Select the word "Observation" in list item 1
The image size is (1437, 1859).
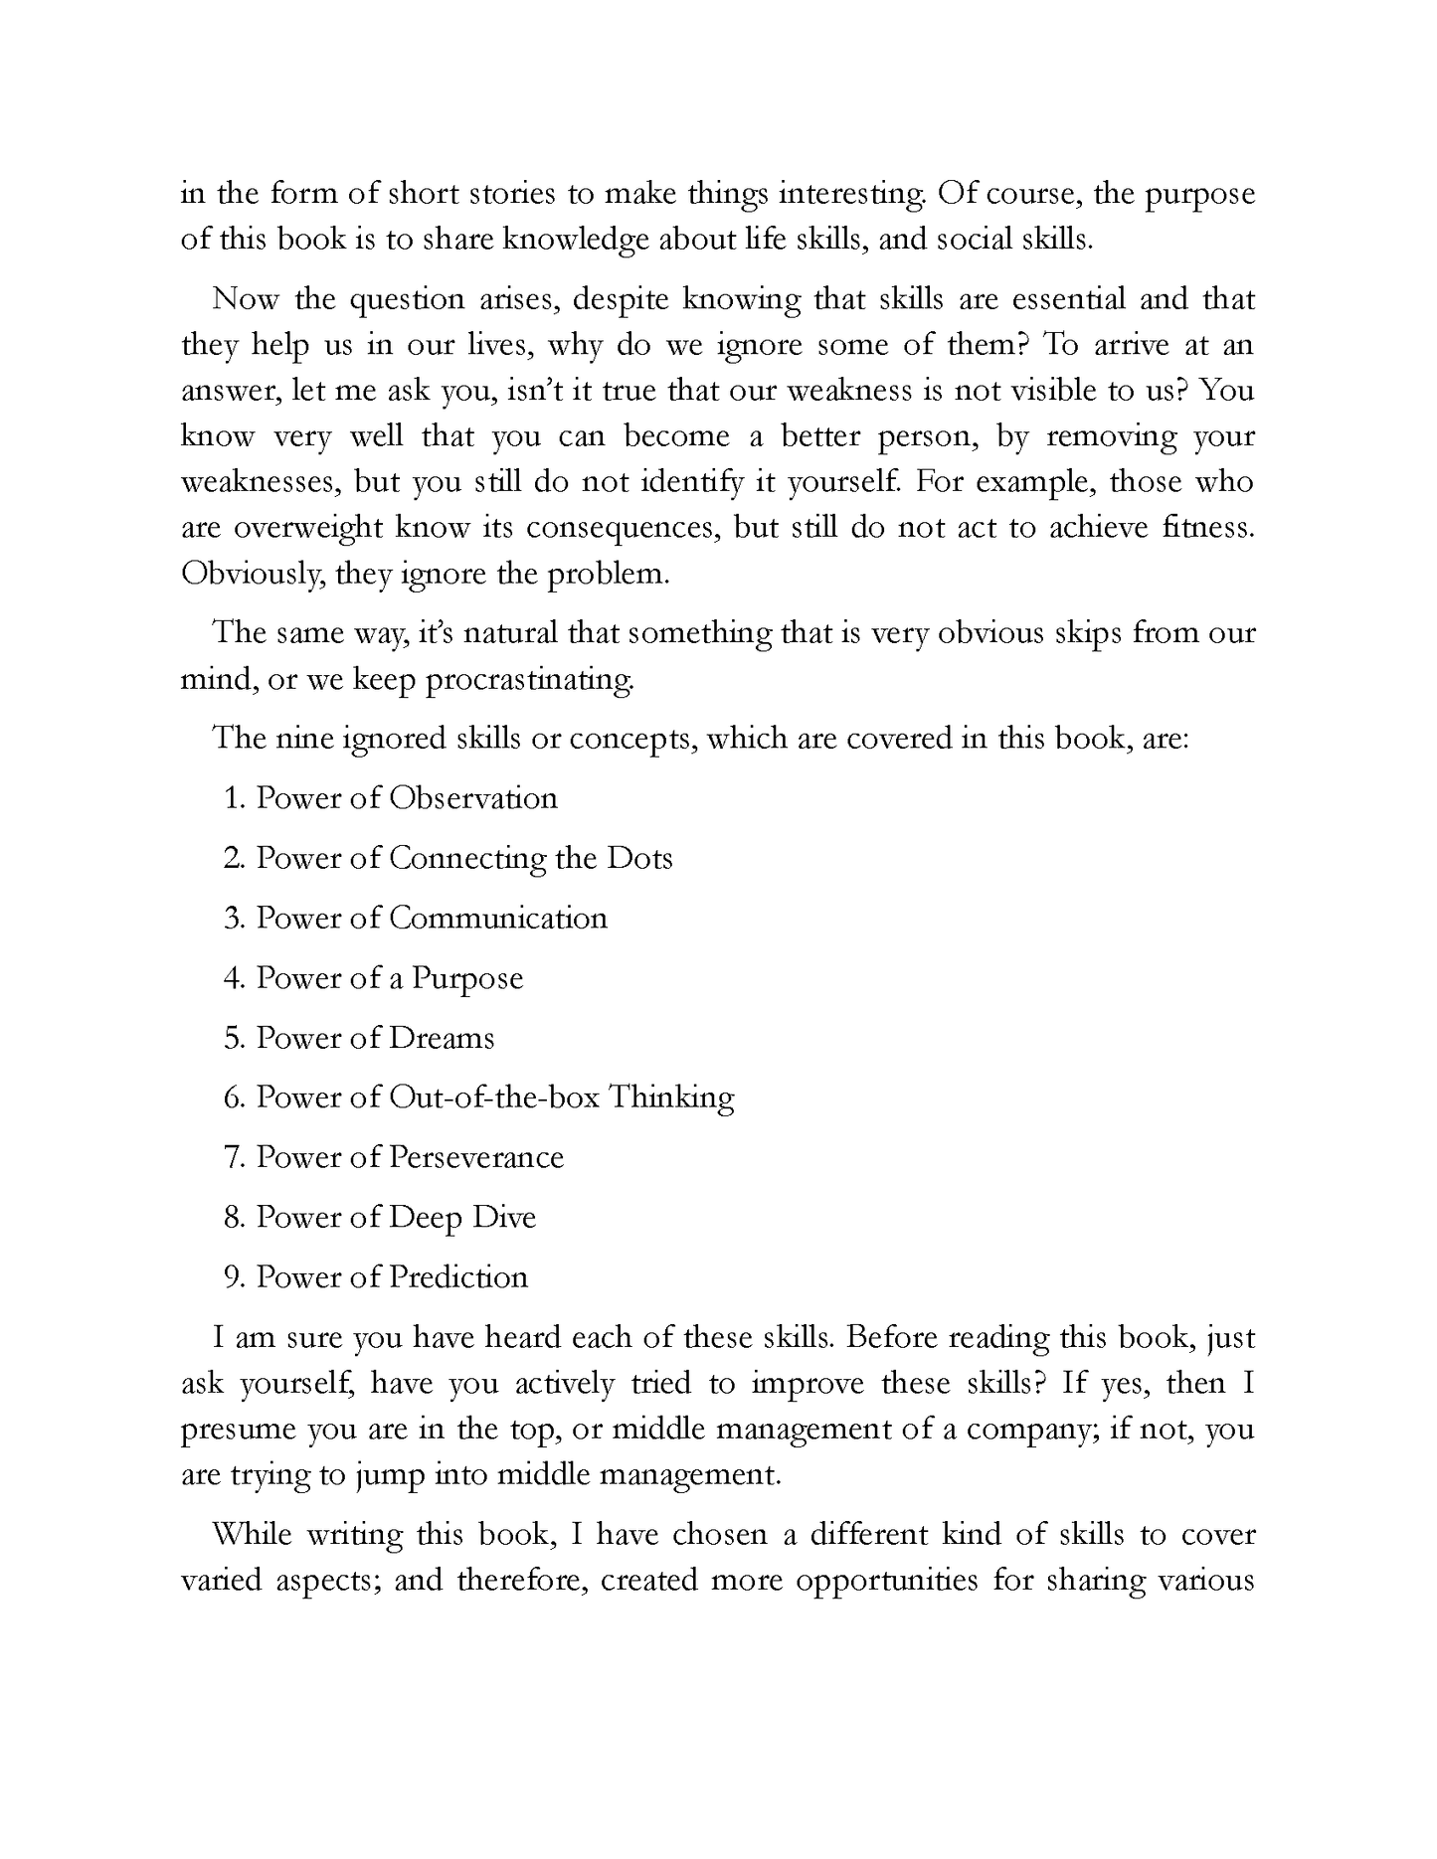point(472,798)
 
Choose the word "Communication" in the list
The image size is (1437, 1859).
point(497,918)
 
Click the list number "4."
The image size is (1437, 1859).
point(235,978)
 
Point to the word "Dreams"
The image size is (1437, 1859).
point(442,1038)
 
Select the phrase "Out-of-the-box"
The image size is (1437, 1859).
point(493,1098)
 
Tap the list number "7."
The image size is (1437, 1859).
point(235,1157)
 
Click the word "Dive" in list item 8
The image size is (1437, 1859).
point(508,1217)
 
